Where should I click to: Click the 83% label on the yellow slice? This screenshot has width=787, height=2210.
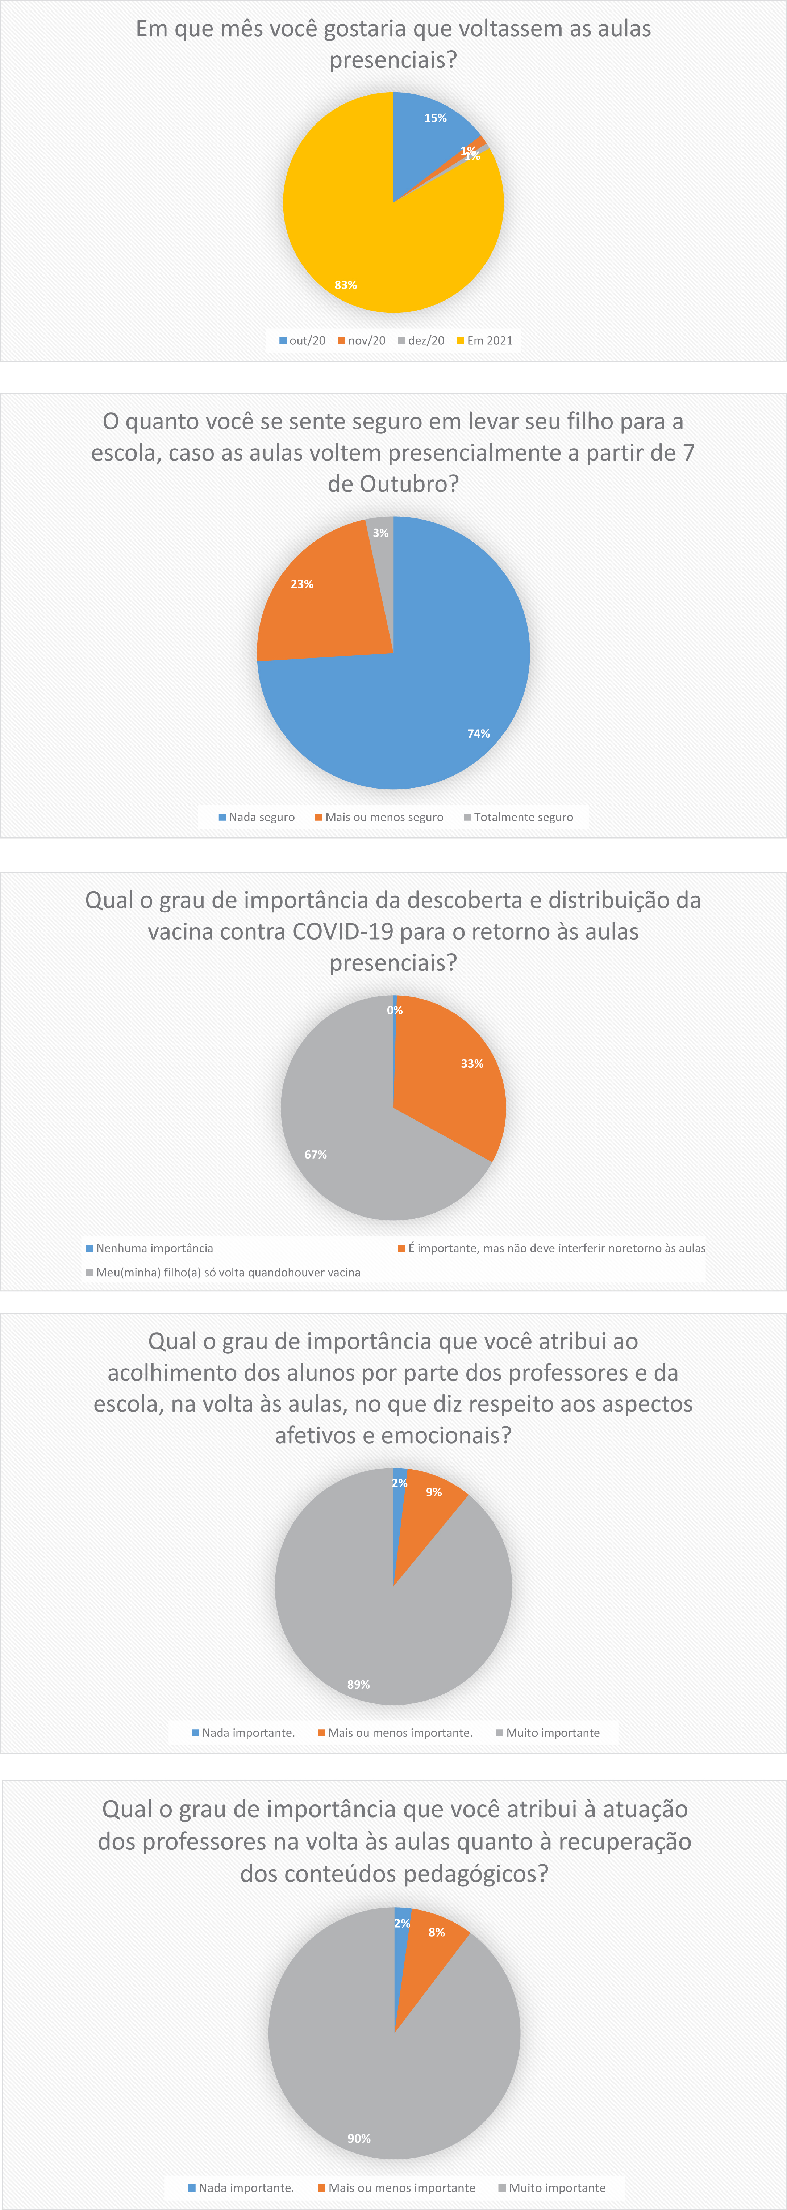pos(346,285)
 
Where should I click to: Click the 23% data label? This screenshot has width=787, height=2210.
pos(302,584)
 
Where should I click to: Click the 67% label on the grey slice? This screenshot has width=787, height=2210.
pos(316,1155)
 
